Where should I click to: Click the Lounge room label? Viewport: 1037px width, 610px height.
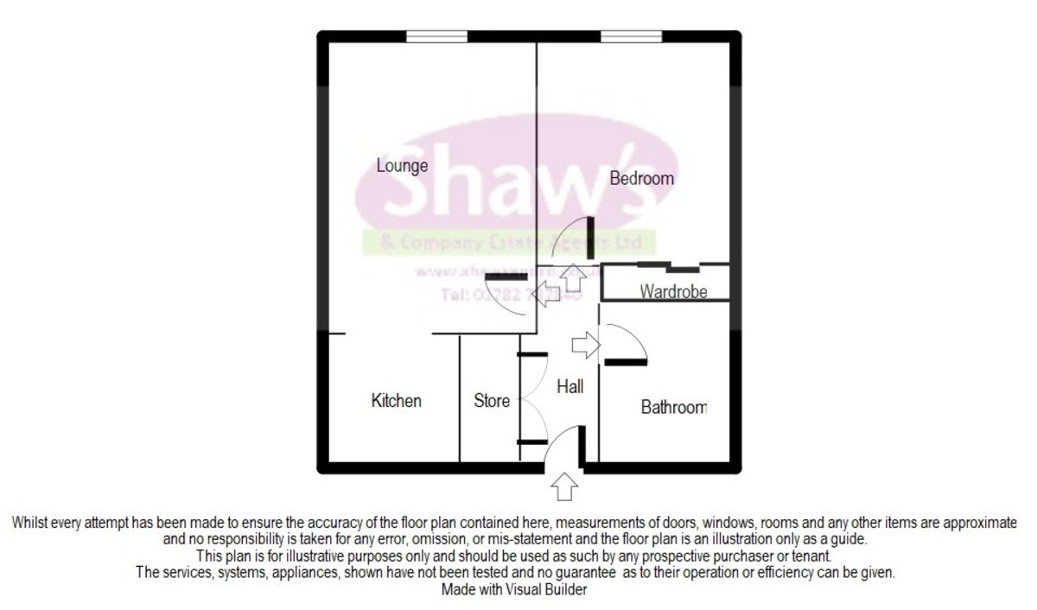tap(403, 165)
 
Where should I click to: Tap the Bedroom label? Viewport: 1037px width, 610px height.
tap(641, 179)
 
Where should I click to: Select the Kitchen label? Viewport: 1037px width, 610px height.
tap(397, 401)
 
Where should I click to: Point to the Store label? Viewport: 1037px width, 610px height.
tap(492, 401)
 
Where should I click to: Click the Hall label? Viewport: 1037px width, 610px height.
tap(570, 387)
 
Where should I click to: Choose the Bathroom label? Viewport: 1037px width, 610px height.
tap(674, 407)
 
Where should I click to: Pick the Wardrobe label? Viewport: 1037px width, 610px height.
tap(673, 292)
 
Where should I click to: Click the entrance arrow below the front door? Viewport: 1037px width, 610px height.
tap(565, 486)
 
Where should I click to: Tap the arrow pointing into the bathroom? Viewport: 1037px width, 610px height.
tap(585, 345)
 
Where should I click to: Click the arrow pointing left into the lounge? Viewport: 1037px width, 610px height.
tap(545, 290)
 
